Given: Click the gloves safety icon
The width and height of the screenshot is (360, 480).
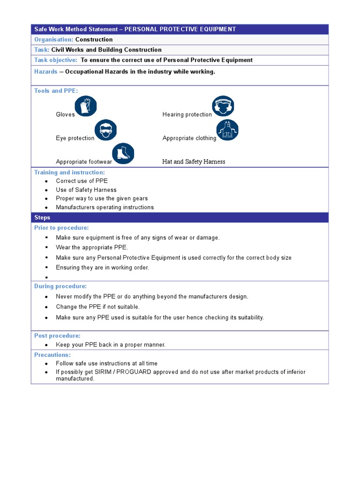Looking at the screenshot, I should (x=86, y=106).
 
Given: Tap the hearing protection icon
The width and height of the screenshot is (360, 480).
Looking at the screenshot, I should (x=223, y=106).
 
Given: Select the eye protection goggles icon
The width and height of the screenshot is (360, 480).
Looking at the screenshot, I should (x=105, y=130).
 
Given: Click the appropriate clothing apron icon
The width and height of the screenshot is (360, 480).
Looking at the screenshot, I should (x=227, y=130).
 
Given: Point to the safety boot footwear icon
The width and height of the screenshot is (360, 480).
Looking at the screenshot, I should (x=123, y=154).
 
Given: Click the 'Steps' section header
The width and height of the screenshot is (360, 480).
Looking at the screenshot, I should (x=42, y=217).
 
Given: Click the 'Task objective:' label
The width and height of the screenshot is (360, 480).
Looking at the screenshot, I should (x=56, y=60).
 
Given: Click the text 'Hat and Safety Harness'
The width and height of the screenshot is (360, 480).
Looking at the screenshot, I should (x=194, y=162).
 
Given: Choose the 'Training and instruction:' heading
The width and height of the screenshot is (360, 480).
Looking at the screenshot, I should (x=69, y=172).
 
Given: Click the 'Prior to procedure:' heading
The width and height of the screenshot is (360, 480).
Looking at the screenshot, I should (x=61, y=228).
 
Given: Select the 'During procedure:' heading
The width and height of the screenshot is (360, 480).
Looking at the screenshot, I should (x=60, y=286).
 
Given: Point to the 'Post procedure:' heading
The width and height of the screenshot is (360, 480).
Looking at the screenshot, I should (x=57, y=336).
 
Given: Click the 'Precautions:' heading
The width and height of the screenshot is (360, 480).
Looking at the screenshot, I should (x=52, y=355).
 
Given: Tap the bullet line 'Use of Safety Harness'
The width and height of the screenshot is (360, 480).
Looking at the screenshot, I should (x=86, y=190).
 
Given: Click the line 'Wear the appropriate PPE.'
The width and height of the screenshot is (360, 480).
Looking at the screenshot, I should (x=92, y=247).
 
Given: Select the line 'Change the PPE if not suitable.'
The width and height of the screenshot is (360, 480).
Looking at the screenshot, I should (x=97, y=307).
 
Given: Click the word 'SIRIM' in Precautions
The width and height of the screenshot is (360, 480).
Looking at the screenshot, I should (x=104, y=372).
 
